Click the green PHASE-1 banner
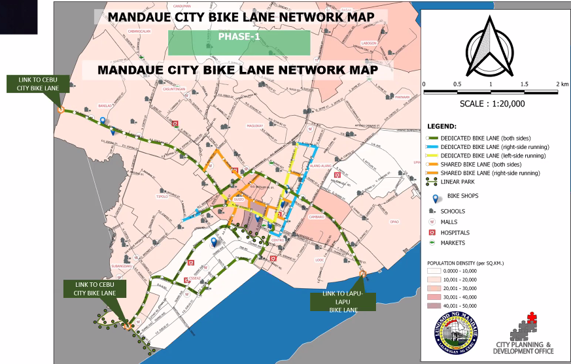pos(239,42)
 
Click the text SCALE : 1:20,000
pos(493,103)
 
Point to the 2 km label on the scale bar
pos(562,84)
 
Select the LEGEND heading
pos(441,125)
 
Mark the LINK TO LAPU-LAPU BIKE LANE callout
pos(343,301)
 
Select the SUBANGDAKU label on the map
pos(122,266)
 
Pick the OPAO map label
pos(394,222)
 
